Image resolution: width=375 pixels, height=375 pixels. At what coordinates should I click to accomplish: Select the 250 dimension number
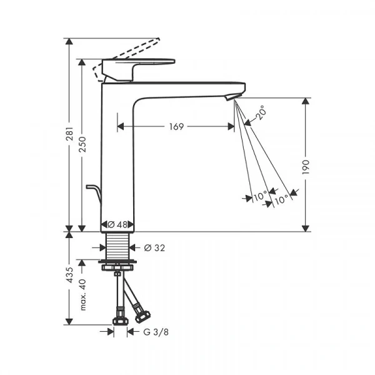click(x=82, y=144)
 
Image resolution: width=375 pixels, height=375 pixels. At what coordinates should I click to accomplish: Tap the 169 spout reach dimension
click(x=176, y=126)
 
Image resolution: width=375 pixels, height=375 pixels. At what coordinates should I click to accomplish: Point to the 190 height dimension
click(x=306, y=167)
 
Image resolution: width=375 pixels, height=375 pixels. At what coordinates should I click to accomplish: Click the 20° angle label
click(x=261, y=112)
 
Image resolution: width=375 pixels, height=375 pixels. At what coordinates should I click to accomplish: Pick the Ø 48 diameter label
click(x=117, y=224)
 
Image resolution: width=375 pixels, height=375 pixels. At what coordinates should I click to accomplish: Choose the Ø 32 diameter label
click(x=154, y=248)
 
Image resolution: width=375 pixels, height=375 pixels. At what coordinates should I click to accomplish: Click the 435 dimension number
click(x=69, y=275)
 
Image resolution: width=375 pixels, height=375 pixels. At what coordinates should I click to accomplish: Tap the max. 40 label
click(x=82, y=294)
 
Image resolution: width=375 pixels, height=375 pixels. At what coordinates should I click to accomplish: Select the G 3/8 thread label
click(x=156, y=332)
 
